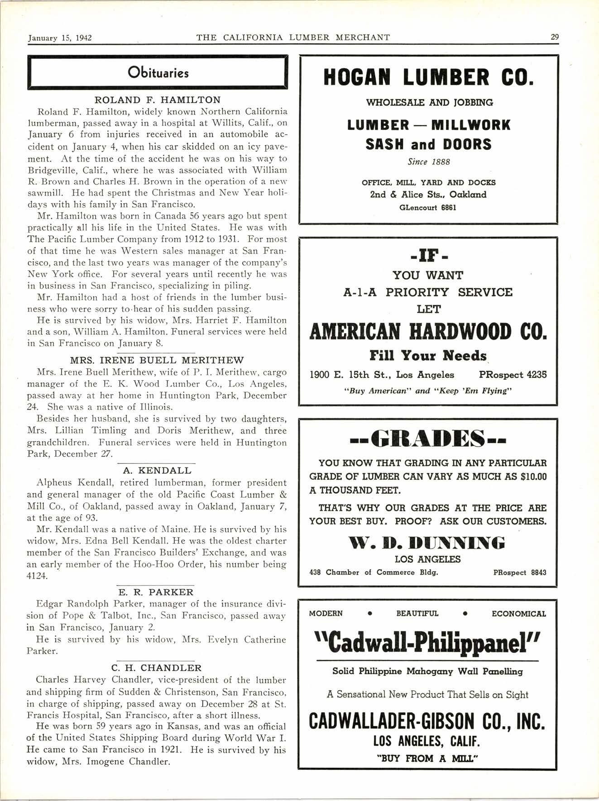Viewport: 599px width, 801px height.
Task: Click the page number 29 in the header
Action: (x=554, y=38)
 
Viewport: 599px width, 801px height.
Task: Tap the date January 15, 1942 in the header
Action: (x=60, y=38)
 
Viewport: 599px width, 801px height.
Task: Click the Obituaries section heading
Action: (x=158, y=73)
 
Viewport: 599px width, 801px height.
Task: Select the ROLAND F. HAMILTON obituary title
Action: (x=158, y=100)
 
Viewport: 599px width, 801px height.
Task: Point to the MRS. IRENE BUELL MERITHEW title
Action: (x=157, y=360)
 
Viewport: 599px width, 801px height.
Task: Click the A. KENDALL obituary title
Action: (x=157, y=471)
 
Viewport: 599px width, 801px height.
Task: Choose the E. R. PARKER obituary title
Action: (x=156, y=592)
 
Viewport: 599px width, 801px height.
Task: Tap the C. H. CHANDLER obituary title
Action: (x=156, y=667)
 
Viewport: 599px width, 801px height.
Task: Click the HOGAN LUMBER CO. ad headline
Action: (x=428, y=77)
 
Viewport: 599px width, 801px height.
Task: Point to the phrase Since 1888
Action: (x=428, y=162)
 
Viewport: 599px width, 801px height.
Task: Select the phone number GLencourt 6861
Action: (x=428, y=208)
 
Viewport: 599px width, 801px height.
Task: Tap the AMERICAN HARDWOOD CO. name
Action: (x=428, y=332)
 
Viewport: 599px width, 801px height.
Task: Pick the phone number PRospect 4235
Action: (x=513, y=375)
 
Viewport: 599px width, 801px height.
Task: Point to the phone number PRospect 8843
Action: (x=520, y=572)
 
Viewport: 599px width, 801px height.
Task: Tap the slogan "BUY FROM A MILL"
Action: (x=428, y=758)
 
